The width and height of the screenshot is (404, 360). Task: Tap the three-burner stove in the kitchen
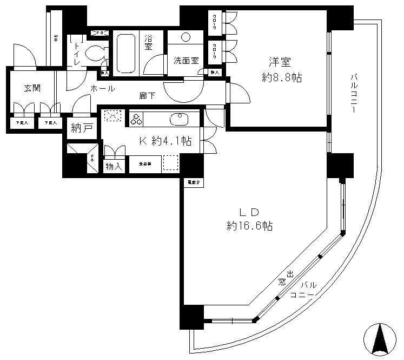pos(135,119)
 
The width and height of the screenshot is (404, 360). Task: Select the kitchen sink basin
pos(177,119)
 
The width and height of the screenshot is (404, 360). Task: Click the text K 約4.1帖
pos(165,141)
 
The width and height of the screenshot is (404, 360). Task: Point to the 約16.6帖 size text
pos(249,226)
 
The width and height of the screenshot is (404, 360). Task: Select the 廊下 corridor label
pos(147,96)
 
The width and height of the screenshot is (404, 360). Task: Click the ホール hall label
pos(102,88)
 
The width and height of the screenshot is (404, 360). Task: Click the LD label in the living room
pos(249,212)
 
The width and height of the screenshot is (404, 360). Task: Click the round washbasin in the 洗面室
pos(186,37)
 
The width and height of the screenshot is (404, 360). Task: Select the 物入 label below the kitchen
pos(114,167)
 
